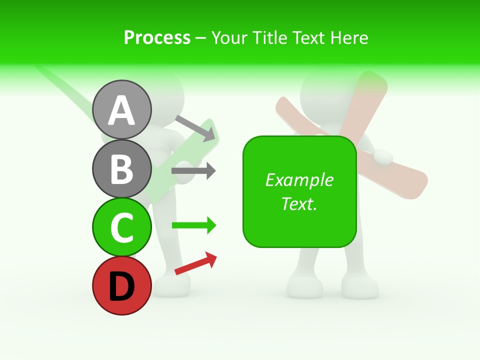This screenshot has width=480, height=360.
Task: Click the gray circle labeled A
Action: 121,109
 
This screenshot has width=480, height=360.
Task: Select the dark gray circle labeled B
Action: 121,168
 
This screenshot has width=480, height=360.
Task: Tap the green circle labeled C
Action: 121,227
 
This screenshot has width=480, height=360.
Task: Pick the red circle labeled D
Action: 121,285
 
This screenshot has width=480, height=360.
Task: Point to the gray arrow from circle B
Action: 193,170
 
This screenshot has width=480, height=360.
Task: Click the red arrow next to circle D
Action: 195,263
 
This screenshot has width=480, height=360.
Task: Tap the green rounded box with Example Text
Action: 299,191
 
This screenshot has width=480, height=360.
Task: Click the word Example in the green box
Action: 299,179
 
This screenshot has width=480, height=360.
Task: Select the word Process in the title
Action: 157,37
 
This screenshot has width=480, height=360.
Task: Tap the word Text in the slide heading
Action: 308,37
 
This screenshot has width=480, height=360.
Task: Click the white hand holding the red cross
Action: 383,156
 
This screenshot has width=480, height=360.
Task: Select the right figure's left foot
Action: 304,287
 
